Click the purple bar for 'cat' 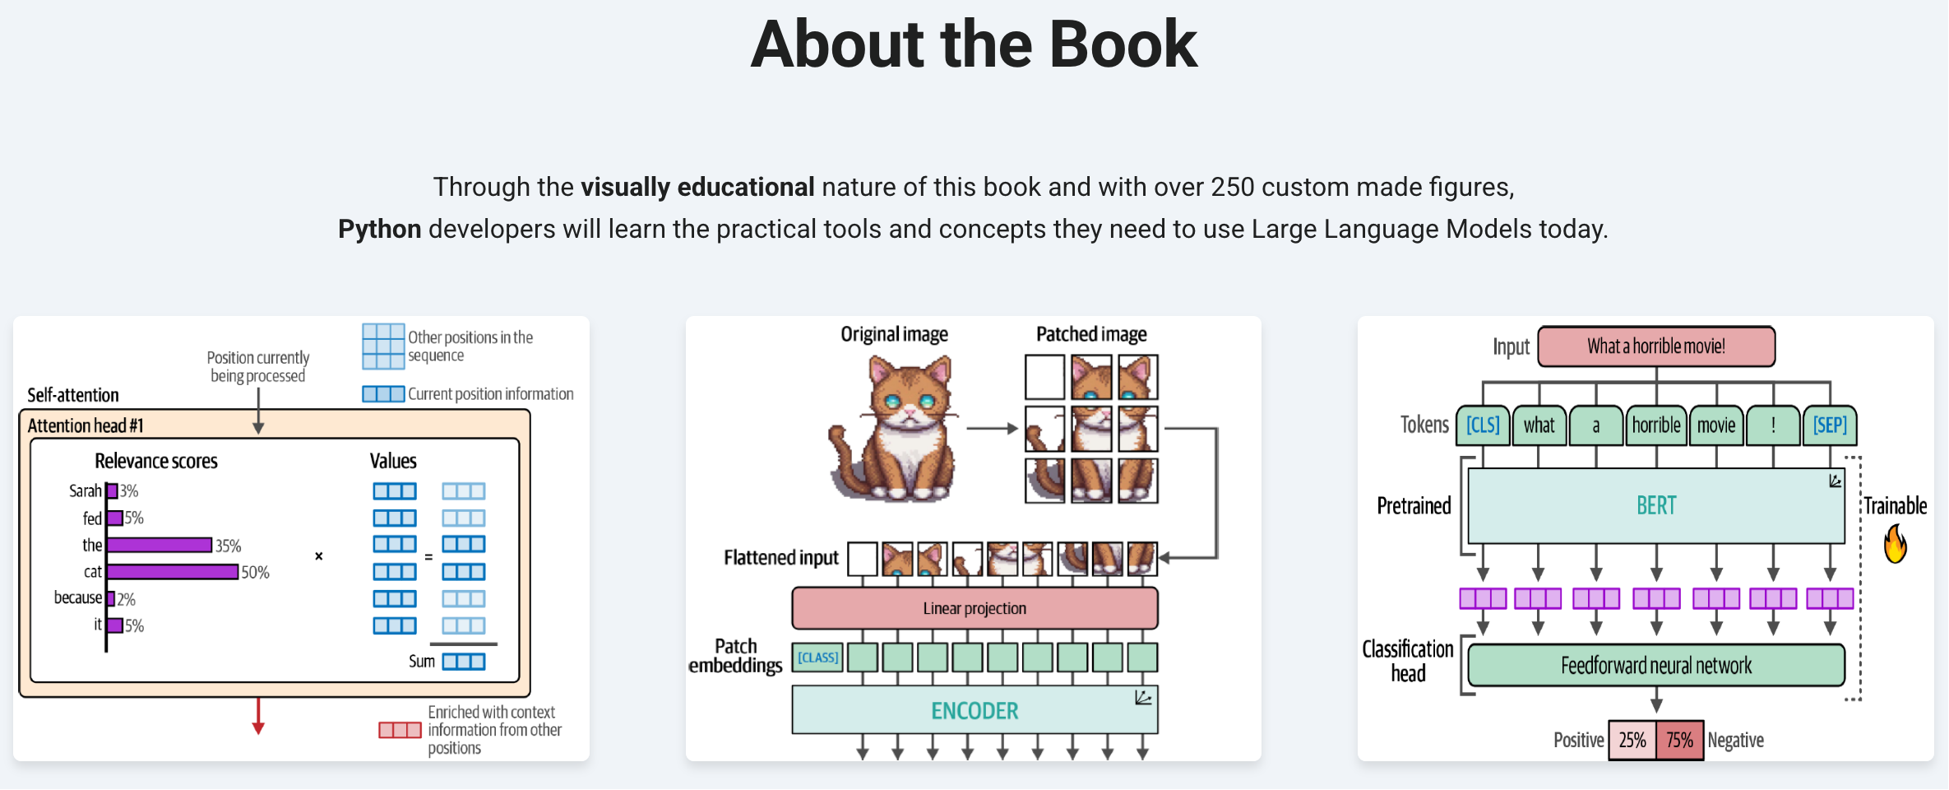(x=173, y=572)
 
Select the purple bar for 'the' (x=160, y=545)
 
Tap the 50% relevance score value (x=256, y=572)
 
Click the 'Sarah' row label (x=86, y=490)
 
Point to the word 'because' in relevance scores (x=78, y=597)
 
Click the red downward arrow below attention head (x=258, y=716)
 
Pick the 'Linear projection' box (x=974, y=608)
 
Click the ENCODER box (x=974, y=709)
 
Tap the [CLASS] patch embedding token (x=817, y=658)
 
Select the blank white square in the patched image (x=1044, y=377)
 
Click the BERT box (x=1656, y=505)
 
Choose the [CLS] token (x=1483, y=425)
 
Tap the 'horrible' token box (x=1656, y=425)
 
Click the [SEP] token (x=1830, y=425)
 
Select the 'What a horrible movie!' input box (x=1656, y=346)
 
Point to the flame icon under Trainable (x=1896, y=544)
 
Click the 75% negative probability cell (x=1679, y=741)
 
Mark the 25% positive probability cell (x=1632, y=741)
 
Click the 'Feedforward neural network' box (x=1656, y=665)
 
